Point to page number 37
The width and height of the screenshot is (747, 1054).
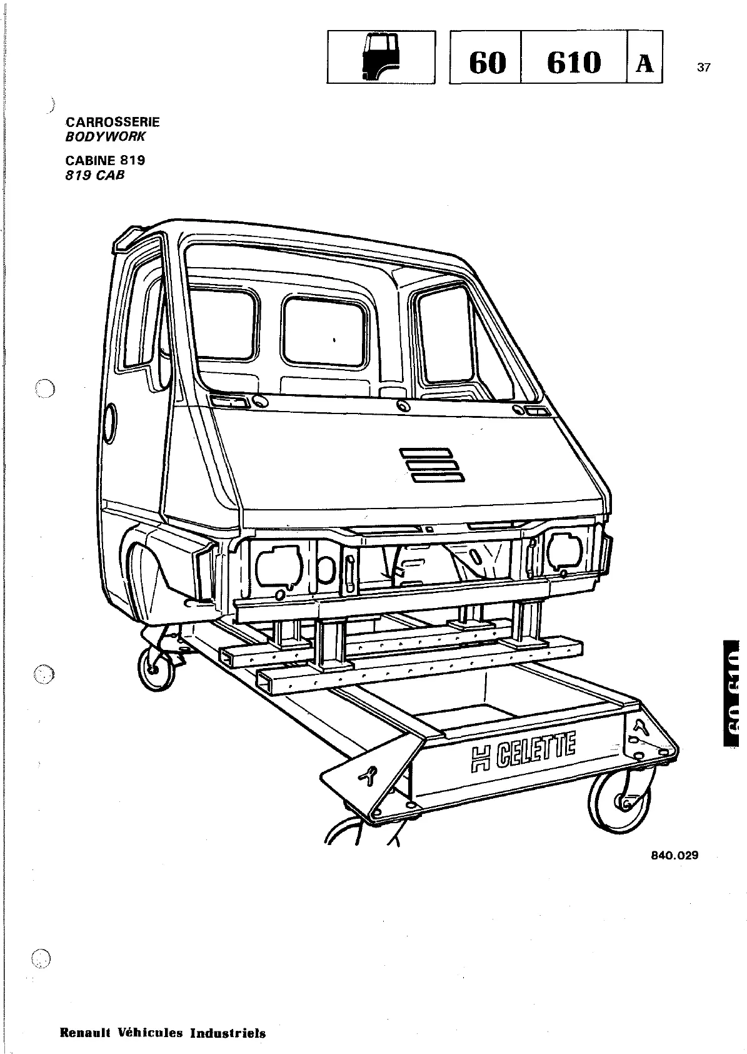(703, 68)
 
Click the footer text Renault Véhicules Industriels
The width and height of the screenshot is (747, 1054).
(163, 1033)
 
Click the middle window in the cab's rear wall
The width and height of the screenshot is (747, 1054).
(324, 331)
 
